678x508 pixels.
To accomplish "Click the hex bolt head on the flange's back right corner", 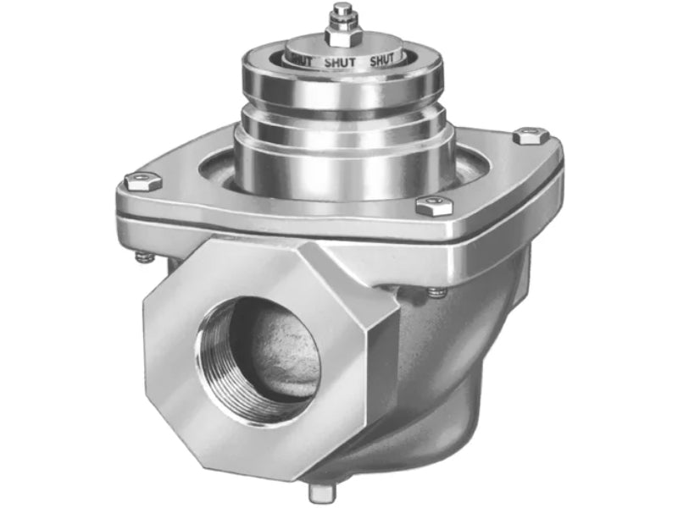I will (x=529, y=135).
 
